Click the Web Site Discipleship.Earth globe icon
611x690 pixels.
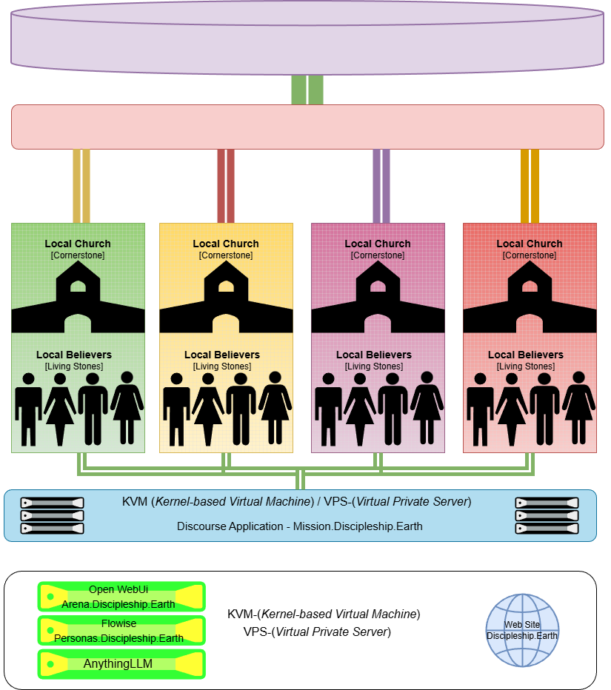point(521,629)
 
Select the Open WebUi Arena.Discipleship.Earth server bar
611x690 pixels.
point(121,597)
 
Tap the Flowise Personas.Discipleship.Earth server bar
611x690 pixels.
point(121,631)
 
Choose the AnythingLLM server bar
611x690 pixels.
point(121,664)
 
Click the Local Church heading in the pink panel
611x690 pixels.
point(378,244)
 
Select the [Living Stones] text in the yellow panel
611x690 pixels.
point(222,366)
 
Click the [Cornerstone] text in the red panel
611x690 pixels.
point(530,255)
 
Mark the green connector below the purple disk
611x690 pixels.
point(307,90)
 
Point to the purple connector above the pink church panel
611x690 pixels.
point(381,185)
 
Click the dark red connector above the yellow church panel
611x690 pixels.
point(226,185)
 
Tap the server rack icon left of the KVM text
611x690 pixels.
point(52,515)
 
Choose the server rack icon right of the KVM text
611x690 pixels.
point(547,515)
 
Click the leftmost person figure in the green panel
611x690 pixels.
point(29,409)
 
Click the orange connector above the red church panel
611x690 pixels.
point(530,185)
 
